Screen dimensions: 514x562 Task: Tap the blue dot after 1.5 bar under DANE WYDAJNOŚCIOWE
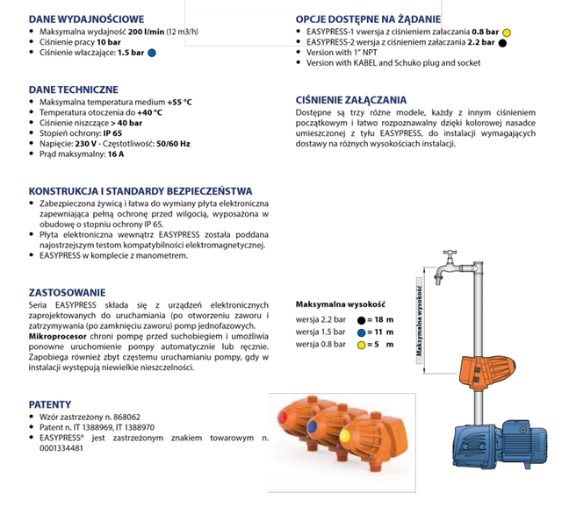152,53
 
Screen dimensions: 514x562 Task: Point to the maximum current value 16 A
116,155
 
